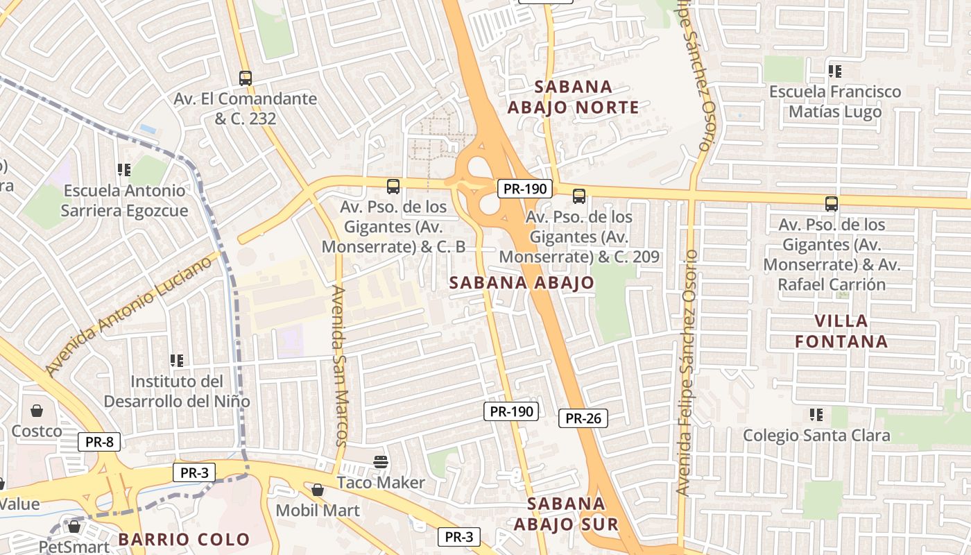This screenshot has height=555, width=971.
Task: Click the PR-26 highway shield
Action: point(583,418)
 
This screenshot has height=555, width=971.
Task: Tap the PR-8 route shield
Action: point(98,442)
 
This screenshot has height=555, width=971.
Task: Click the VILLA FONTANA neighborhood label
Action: point(841,331)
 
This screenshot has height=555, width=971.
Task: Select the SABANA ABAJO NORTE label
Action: point(573,97)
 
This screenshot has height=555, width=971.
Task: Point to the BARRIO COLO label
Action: point(184,539)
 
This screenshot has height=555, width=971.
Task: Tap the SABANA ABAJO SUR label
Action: point(566,513)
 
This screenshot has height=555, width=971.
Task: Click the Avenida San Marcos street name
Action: point(340,365)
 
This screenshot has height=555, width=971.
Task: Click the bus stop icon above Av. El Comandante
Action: point(246,78)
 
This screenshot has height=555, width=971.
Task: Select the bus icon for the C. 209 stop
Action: point(579,196)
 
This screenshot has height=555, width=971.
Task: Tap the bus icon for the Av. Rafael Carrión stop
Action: point(832,204)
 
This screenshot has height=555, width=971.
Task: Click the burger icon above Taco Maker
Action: point(380,461)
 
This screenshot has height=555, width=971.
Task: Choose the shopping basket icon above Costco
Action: point(36,411)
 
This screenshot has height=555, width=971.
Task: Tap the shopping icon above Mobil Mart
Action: point(318,490)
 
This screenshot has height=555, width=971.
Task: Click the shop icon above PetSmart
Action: point(74,527)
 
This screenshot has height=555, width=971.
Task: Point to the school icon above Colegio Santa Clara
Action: point(816,415)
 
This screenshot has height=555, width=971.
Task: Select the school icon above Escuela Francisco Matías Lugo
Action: point(835,71)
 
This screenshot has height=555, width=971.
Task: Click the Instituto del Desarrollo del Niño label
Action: point(177,391)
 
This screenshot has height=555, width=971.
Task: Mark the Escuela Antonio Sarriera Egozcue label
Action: point(124,200)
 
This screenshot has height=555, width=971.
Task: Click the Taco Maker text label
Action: point(381,482)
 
